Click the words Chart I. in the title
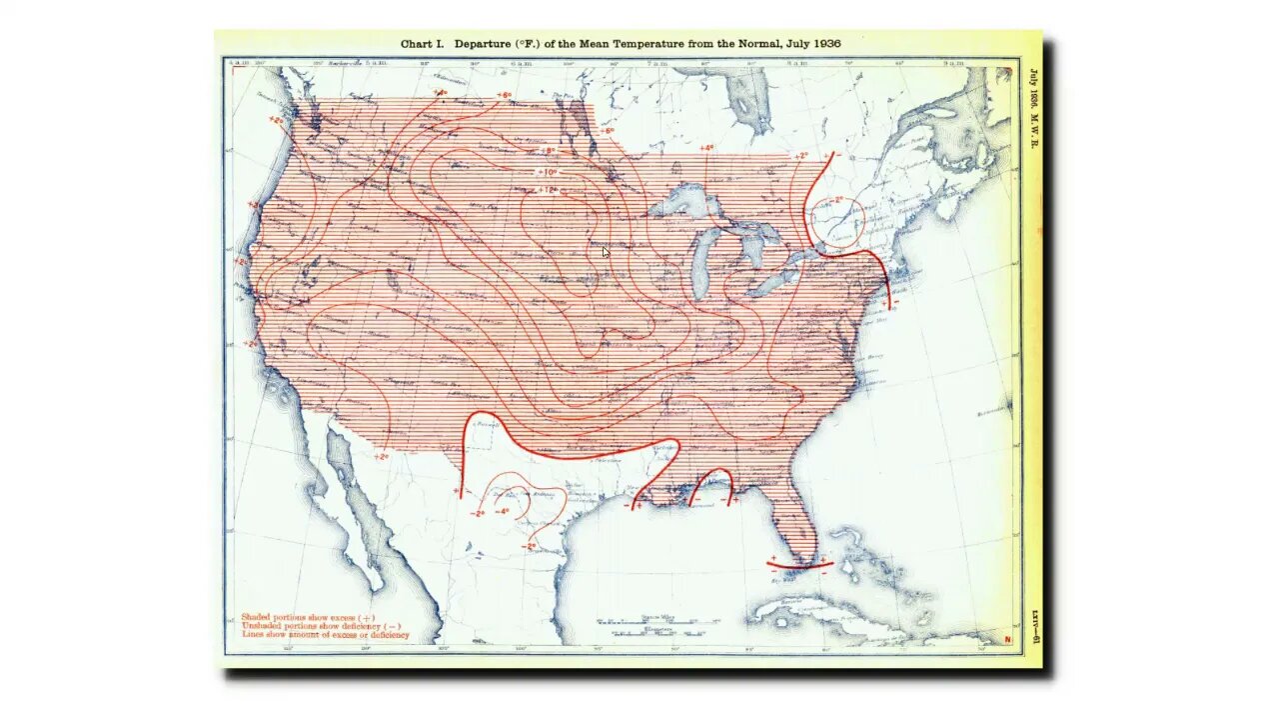pyautogui.click(x=422, y=44)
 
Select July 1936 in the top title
pyautogui.click(x=812, y=44)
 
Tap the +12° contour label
pyautogui.click(x=547, y=190)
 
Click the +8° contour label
pyautogui.click(x=546, y=151)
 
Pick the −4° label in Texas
pyautogui.click(x=503, y=512)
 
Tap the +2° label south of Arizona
pyautogui.click(x=381, y=457)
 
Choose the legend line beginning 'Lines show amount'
pyautogui.click(x=325, y=635)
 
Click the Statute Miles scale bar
pyautogui.click(x=657, y=623)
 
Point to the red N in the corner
pyautogui.click(x=1007, y=639)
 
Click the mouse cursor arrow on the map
pyautogui.click(x=606, y=252)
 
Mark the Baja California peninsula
pyautogui.click(x=350, y=500)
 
